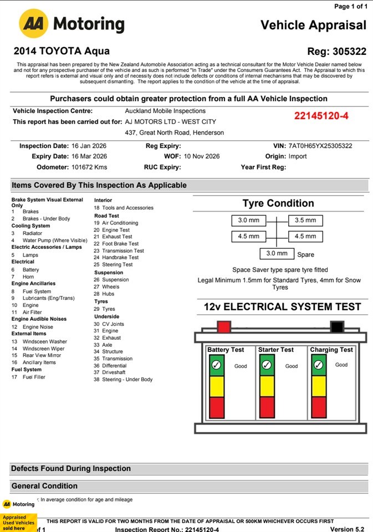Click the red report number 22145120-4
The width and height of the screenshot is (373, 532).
pos(321,116)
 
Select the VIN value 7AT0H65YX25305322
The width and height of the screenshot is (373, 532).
pos(320,146)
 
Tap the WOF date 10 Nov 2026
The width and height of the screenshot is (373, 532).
pos(202,156)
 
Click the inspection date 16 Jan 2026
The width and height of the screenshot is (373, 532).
pos(89,146)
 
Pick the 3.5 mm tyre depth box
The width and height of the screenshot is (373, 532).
pos(305,221)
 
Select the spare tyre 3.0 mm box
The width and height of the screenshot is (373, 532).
pos(277,253)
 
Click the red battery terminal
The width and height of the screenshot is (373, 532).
pos(224,326)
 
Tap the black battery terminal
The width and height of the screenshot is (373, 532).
pos(336,326)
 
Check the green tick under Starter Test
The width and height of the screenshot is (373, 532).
pos(267,365)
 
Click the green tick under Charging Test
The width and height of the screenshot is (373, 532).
pos(319,365)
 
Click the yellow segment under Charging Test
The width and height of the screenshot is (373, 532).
pos(319,386)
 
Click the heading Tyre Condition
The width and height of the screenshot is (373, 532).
pos(278,203)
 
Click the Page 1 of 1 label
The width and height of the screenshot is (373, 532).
pos(351,7)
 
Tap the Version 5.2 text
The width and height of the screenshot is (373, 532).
pos(348,529)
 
